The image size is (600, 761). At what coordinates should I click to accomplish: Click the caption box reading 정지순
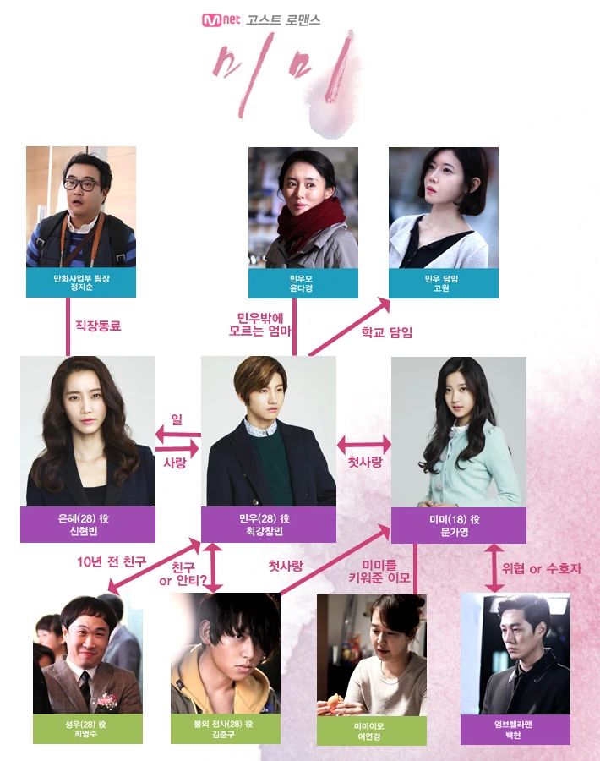tap(81, 282)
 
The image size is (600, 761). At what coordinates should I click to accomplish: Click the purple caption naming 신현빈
tap(88, 525)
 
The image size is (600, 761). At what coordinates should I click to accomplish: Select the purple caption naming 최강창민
tap(268, 525)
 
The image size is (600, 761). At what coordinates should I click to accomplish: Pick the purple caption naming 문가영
tap(458, 525)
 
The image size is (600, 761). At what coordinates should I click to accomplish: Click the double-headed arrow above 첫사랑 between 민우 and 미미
tap(364, 443)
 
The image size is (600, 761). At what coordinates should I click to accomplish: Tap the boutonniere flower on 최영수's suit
tap(106, 698)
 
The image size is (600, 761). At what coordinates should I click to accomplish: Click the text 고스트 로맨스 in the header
tap(283, 19)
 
